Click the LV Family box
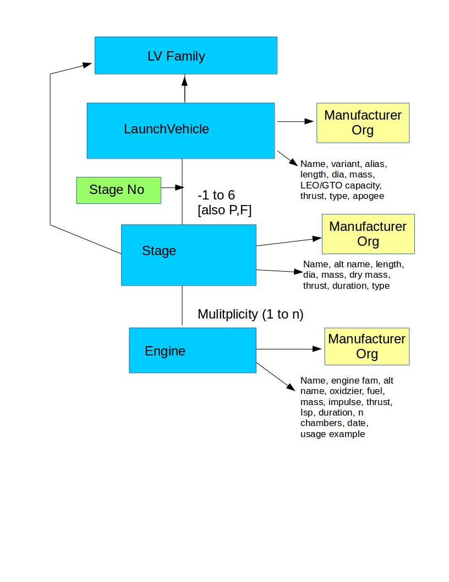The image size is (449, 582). click(x=186, y=55)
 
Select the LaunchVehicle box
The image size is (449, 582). click(x=180, y=130)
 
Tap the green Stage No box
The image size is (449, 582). click(x=118, y=190)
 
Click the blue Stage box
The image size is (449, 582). click(x=188, y=255)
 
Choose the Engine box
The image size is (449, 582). click(x=192, y=351)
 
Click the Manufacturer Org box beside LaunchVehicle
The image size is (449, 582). click(x=363, y=123)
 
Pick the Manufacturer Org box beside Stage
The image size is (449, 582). click(x=368, y=234)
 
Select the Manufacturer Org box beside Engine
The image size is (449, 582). click(x=366, y=346)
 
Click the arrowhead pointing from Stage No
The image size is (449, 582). click(x=179, y=188)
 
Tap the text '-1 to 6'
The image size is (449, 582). click(x=216, y=196)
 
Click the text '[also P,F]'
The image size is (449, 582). click(x=225, y=210)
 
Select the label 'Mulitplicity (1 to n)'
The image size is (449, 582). click(x=250, y=314)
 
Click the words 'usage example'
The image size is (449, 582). click(x=332, y=434)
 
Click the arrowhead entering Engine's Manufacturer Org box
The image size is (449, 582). click(x=317, y=349)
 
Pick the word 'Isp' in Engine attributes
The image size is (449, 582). click(x=306, y=413)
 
